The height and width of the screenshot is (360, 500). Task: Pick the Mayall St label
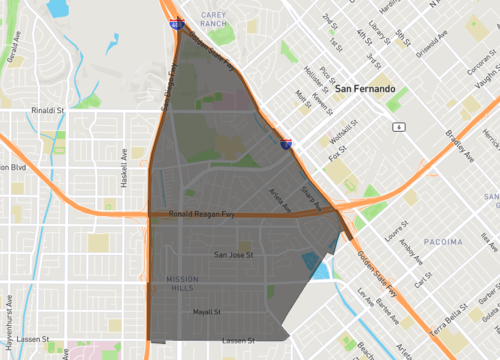[x=206, y=311]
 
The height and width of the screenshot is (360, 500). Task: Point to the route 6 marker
[x=398, y=127]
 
